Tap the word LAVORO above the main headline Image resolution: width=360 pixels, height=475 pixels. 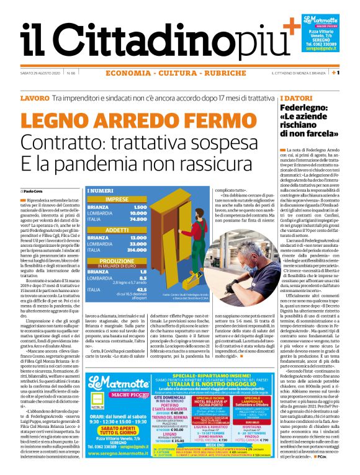click(x=34, y=99)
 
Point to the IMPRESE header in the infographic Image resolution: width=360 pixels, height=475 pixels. click(x=117, y=199)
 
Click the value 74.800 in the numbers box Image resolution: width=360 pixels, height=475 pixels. click(x=138, y=219)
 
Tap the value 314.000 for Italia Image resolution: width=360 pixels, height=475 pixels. click(x=137, y=249)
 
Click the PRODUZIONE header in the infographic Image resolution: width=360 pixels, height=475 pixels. click(x=117, y=261)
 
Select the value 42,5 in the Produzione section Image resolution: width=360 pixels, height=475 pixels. click(x=140, y=288)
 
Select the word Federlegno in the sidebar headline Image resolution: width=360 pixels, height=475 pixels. click(x=302, y=108)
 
